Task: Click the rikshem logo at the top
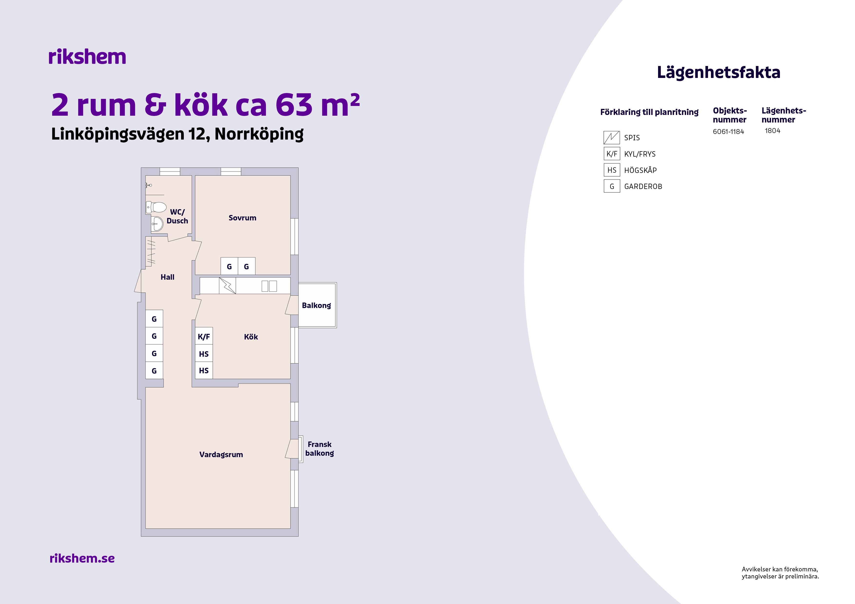point(87,57)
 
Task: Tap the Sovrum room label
point(243,218)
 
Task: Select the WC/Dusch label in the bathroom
point(177,216)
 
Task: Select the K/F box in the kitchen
point(204,336)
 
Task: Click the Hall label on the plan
point(168,277)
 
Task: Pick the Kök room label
point(251,337)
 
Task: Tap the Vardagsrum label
point(221,454)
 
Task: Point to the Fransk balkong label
point(320,448)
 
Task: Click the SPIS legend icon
point(612,138)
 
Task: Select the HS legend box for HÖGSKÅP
point(612,170)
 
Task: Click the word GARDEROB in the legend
point(643,187)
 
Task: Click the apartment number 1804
point(773,131)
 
